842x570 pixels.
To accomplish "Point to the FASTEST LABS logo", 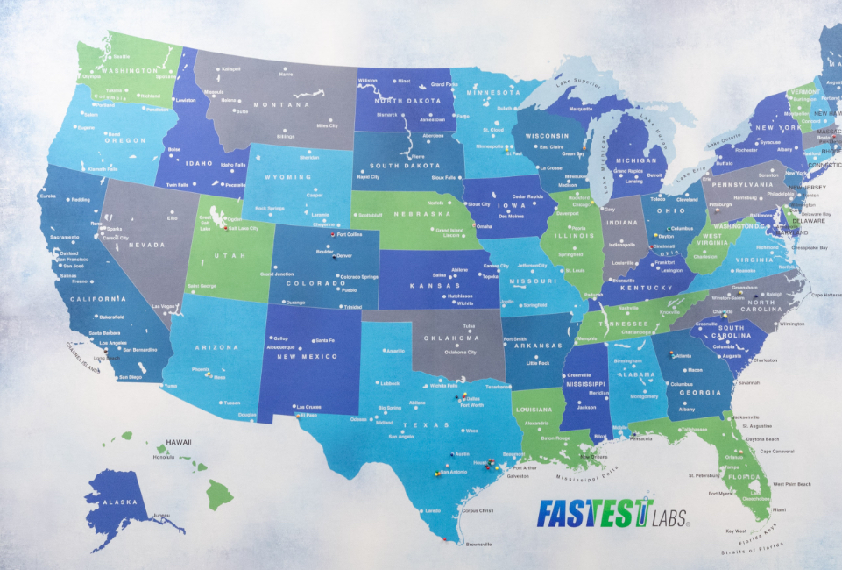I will coord(612,512).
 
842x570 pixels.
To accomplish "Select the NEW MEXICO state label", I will coord(308,356).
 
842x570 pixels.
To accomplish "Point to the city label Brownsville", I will coord(479,544).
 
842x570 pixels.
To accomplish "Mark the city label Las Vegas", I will coord(163,307).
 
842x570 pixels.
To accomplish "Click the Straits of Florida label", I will coord(752,548).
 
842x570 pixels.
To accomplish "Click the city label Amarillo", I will coord(396,351).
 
